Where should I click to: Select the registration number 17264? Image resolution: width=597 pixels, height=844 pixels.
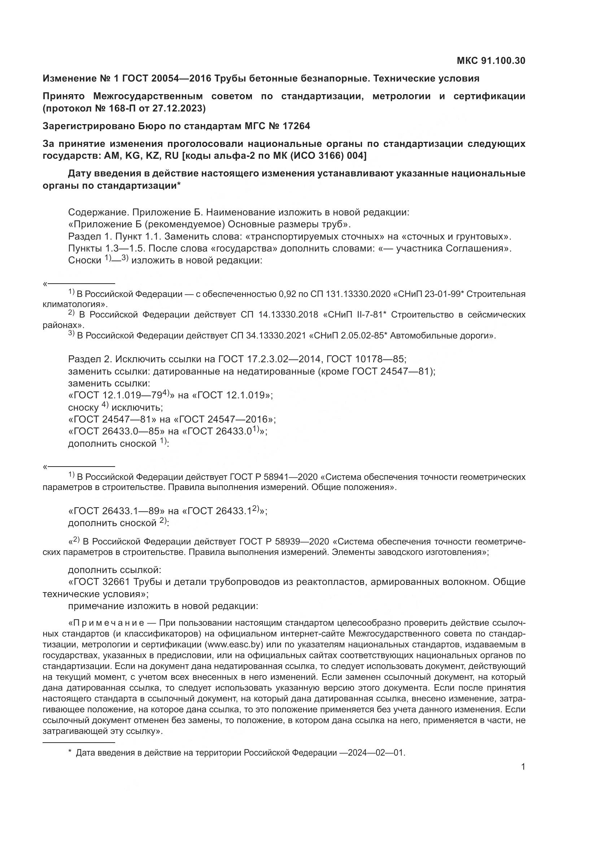point(296,126)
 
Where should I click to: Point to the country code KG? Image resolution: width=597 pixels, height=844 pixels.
point(133,156)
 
